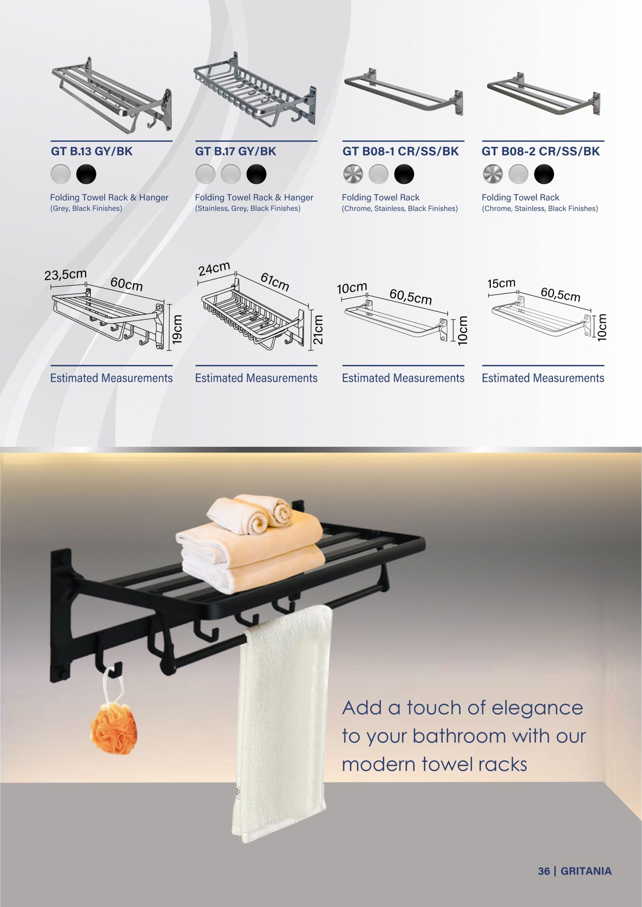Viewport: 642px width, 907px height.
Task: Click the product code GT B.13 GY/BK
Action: [92, 151]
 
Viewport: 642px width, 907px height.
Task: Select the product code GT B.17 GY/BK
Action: [236, 151]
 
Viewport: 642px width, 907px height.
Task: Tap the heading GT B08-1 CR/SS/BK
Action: [401, 151]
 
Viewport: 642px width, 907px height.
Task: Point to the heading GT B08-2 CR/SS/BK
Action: [540, 151]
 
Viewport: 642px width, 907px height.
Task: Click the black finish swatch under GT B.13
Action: [86, 174]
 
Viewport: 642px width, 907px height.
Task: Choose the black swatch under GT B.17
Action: [257, 174]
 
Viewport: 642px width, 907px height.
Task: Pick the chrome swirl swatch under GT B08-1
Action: [353, 174]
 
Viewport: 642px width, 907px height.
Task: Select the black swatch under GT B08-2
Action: [544, 174]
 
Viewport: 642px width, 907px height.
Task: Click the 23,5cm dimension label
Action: [65, 275]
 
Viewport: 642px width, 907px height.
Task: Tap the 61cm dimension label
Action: [275, 282]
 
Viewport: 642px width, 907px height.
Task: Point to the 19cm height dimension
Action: [177, 329]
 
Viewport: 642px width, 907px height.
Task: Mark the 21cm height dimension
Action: [318, 329]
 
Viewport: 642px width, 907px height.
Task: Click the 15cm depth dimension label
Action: [501, 283]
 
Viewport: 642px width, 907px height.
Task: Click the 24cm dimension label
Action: [214, 269]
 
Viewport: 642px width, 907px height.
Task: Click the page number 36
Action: [544, 871]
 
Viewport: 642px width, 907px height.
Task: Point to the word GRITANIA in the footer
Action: [586, 871]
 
